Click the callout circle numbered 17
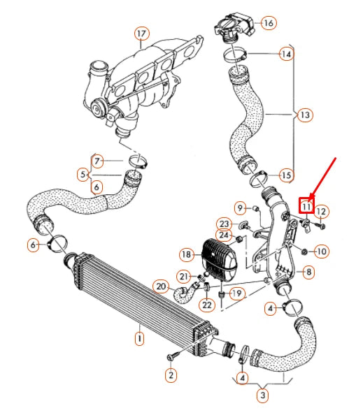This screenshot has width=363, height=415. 142,34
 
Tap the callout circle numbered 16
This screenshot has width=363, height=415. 268,22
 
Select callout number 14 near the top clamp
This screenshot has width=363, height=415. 285,54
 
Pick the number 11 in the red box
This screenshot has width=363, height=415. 306,206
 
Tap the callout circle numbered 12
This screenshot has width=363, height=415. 321,211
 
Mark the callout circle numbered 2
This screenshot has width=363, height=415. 170,375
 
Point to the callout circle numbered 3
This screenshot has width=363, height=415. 262,396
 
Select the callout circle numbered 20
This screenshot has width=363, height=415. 160,286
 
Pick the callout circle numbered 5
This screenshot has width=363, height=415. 83,174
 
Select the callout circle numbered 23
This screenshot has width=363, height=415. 223,224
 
